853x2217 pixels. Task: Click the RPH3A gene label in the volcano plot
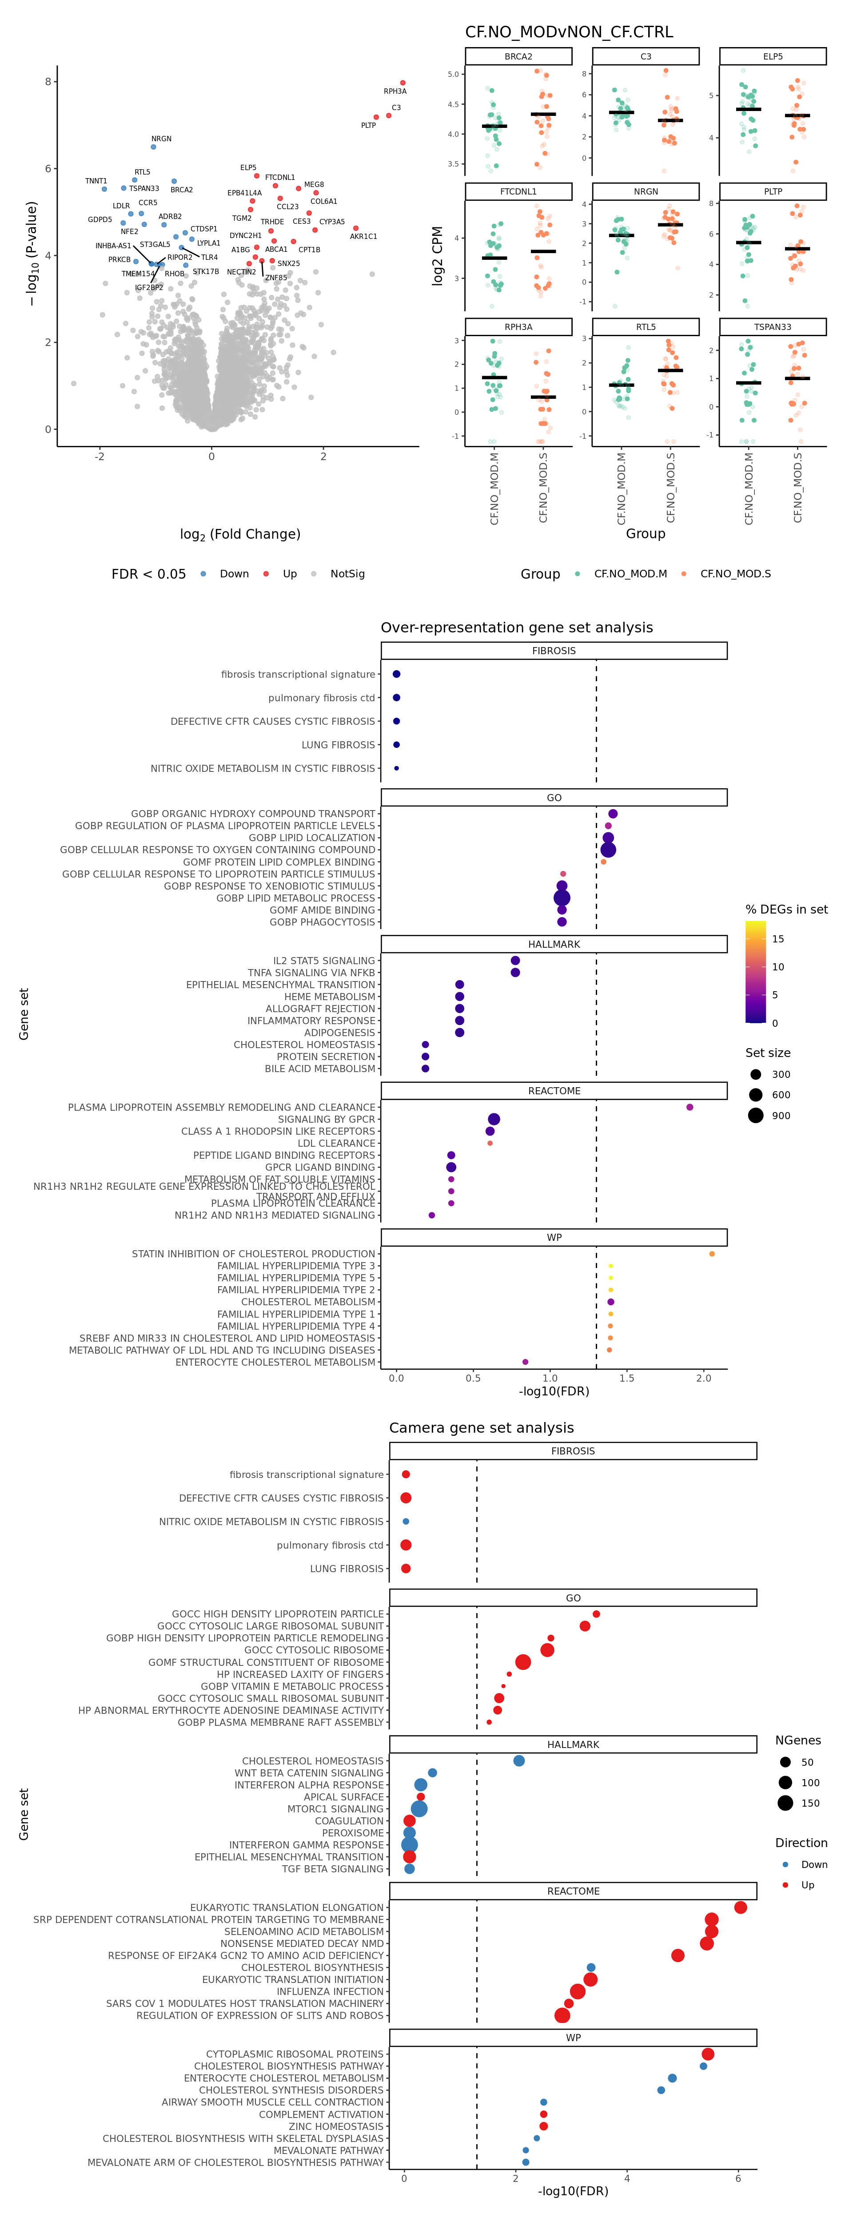point(395,91)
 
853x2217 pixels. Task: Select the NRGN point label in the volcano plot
point(161,139)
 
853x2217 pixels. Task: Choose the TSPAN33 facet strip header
point(772,327)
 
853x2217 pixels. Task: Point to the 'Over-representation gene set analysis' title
point(516,628)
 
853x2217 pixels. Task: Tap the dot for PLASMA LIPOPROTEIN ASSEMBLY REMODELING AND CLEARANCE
point(690,1108)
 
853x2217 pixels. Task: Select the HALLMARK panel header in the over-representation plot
point(554,944)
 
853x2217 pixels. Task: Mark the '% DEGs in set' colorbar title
point(786,910)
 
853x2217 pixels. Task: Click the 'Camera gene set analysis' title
point(481,1428)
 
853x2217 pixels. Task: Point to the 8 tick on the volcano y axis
point(48,82)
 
